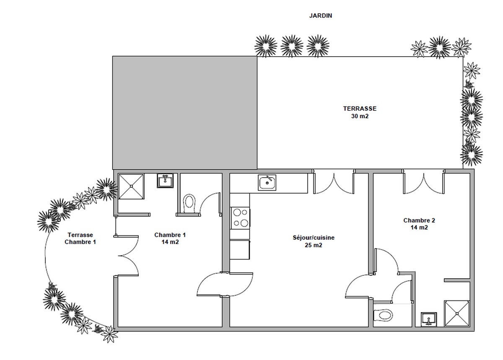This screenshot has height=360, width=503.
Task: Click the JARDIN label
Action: coord(320,16)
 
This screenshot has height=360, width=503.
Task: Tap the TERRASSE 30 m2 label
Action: coord(360,112)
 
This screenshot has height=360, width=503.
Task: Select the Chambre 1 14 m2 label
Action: coord(170,238)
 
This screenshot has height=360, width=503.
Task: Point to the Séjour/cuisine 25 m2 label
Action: coord(314,241)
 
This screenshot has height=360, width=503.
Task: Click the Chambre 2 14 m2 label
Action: coord(419,224)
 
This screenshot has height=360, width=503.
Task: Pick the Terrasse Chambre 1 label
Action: coord(80,238)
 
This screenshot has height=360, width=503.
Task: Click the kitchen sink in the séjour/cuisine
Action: coord(267,183)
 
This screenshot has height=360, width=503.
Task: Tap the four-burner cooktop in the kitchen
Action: coord(240,218)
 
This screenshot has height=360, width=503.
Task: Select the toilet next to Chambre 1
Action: coord(189,204)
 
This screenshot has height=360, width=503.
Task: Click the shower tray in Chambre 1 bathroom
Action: coord(131,186)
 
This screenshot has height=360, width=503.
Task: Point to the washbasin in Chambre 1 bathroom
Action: coord(165,181)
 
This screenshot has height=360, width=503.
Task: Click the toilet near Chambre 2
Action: coord(383,315)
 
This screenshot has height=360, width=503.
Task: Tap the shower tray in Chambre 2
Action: coord(457,313)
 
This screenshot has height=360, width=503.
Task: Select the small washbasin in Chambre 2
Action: coord(429,319)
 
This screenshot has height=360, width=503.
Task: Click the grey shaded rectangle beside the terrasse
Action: coord(185,113)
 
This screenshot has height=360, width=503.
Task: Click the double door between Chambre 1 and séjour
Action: coord(225,285)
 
